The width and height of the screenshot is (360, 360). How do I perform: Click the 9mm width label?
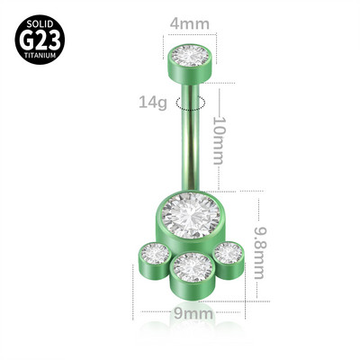coord(192,313)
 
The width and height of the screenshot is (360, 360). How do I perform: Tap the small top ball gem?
coord(190,56)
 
